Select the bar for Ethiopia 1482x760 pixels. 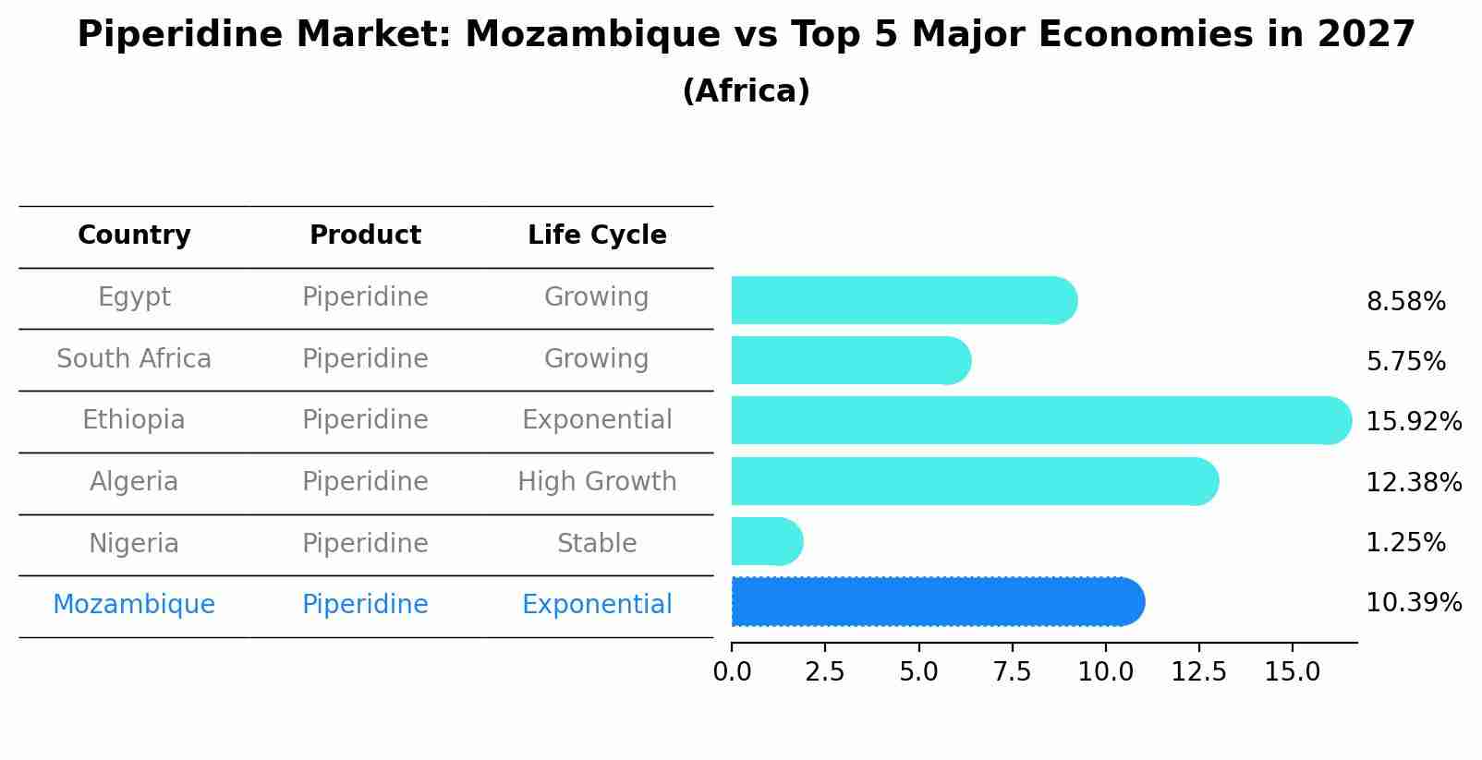pos(1040,420)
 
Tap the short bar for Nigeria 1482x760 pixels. pos(766,541)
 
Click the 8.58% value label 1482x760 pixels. pos(1405,302)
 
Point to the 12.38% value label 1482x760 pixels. pos(1413,482)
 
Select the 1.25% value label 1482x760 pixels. pos(1405,542)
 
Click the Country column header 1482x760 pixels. pos(134,235)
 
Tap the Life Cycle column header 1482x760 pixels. pos(597,235)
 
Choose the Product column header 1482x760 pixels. pos(365,235)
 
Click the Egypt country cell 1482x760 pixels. pos(134,297)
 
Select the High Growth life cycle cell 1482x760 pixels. pos(597,482)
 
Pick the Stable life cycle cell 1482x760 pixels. pos(597,544)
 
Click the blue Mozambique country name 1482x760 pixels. pos(134,605)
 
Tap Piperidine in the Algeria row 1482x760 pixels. pos(365,482)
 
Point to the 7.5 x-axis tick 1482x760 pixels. pos(1012,671)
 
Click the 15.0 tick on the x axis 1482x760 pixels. pos(1292,671)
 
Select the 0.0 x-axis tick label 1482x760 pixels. pos(732,671)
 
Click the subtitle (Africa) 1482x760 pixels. pos(746,91)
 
